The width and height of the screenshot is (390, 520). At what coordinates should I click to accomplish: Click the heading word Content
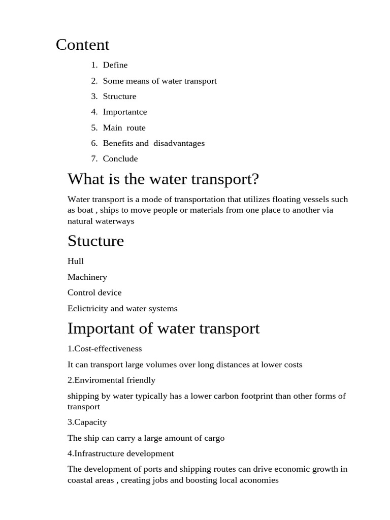(x=82, y=45)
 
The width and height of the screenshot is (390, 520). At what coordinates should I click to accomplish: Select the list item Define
(x=115, y=65)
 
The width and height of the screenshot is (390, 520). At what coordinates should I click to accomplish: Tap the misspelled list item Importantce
(x=125, y=112)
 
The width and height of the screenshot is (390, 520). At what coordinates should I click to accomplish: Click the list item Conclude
(x=120, y=158)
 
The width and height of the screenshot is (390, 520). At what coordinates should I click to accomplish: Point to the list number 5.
(x=94, y=127)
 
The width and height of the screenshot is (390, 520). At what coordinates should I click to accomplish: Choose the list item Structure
(x=119, y=96)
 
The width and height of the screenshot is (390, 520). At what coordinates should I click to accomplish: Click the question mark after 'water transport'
(x=255, y=179)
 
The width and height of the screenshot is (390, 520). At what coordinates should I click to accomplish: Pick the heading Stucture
(x=95, y=241)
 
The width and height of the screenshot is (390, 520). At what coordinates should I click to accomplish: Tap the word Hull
(x=76, y=261)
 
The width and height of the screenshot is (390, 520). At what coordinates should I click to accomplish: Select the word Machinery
(x=87, y=277)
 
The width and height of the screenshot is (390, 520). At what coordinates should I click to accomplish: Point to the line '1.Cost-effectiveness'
(x=105, y=349)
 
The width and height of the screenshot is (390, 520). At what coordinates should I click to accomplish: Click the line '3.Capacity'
(x=87, y=422)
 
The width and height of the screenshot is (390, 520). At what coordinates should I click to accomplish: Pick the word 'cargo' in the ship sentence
(x=214, y=438)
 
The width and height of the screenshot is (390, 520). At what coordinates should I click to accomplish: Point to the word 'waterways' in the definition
(x=116, y=221)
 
